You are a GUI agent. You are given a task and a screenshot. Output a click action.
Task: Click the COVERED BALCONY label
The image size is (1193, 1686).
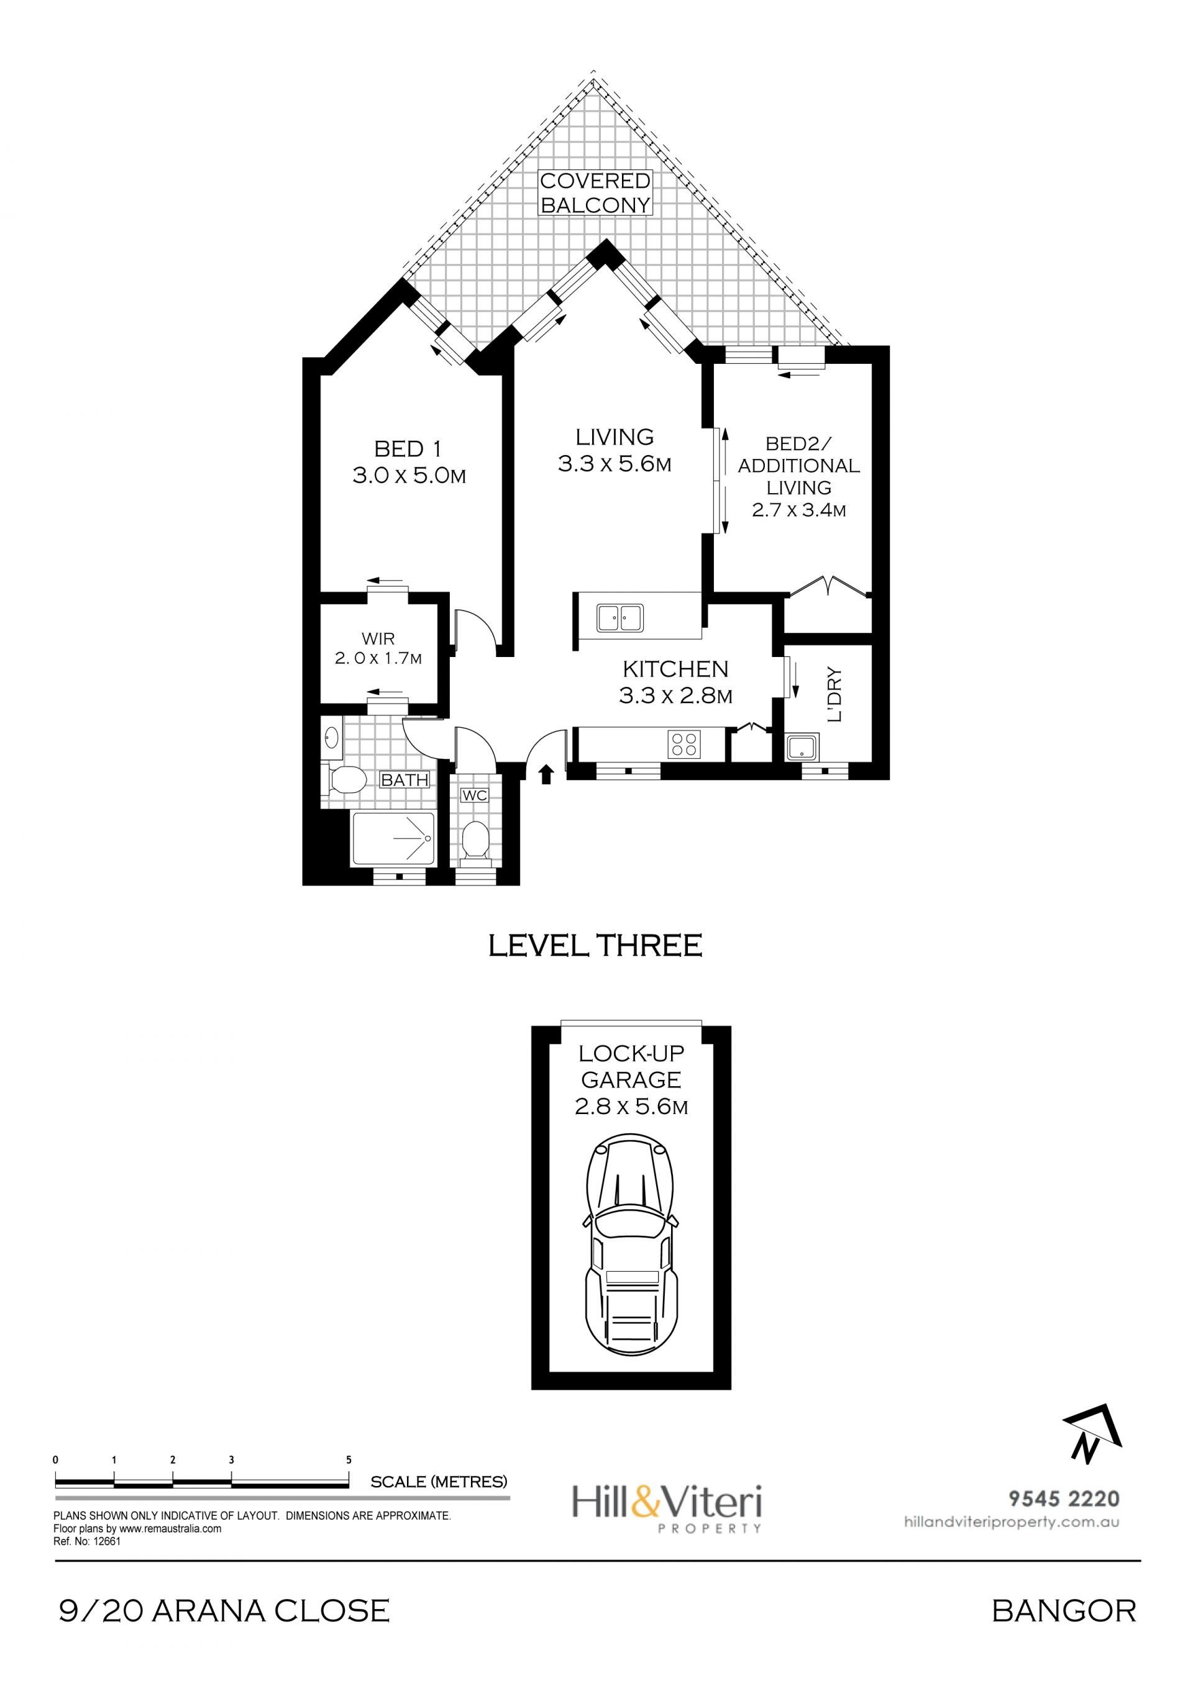(x=596, y=193)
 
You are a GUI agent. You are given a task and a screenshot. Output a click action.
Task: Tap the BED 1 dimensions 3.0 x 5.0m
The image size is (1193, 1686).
(x=410, y=476)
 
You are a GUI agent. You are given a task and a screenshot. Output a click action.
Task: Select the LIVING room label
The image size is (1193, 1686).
(x=615, y=437)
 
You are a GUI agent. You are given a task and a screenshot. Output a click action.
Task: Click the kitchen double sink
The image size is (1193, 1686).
(x=620, y=617)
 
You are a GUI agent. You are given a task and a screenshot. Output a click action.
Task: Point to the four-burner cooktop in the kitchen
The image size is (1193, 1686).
(x=685, y=744)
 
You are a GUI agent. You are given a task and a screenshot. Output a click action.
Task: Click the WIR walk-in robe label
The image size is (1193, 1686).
(x=378, y=639)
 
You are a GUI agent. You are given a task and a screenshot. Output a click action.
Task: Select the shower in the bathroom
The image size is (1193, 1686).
(x=394, y=838)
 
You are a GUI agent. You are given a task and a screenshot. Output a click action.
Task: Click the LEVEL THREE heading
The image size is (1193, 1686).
(x=596, y=946)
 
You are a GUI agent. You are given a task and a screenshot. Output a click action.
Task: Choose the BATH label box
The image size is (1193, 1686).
(x=405, y=780)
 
